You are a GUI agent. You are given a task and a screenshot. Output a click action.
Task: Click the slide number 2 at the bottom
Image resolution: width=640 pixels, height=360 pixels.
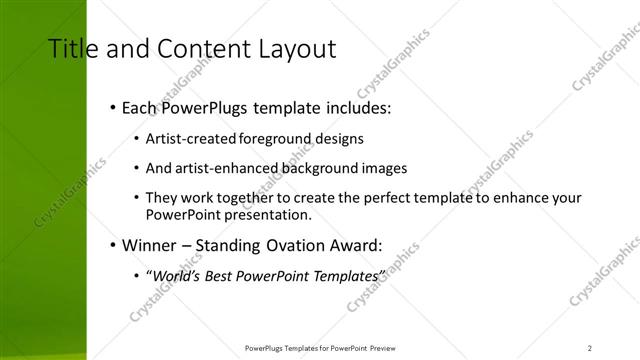(x=590, y=347)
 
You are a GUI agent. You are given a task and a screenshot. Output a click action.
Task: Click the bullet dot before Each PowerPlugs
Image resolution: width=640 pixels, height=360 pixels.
(x=112, y=107)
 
